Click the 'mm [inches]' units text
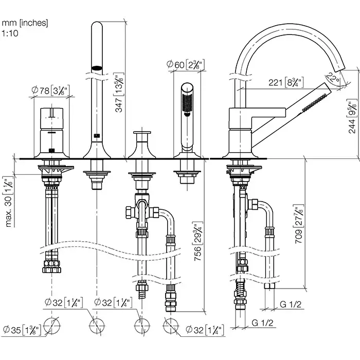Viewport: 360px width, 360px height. [x=26, y=22]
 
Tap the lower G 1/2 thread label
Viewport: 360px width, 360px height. [x=263, y=323]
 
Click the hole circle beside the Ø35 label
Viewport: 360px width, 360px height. [x=51, y=325]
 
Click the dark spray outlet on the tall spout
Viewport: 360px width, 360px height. [x=96, y=67]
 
